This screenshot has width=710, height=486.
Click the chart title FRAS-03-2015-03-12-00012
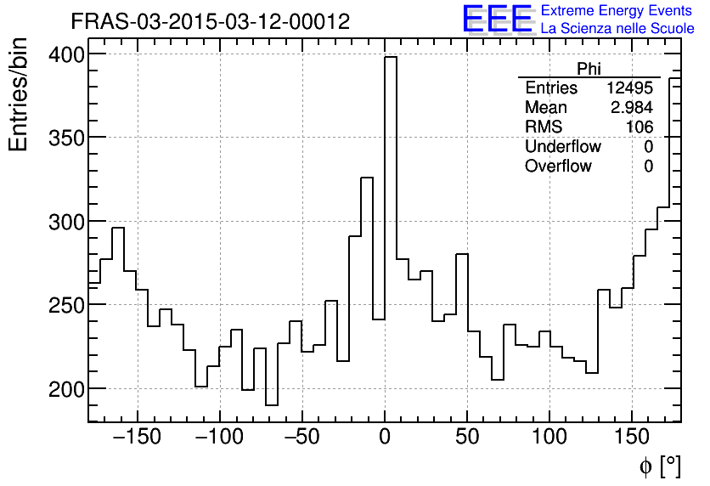click(210, 21)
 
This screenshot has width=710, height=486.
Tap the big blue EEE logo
click(498, 19)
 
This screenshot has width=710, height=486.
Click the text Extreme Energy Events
click(617, 11)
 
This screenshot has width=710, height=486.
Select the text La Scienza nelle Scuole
click(617, 29)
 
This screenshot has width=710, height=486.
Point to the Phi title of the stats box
click(589, 69)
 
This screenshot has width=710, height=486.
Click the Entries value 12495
click(629, 88)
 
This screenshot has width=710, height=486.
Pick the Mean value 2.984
click(632, 108)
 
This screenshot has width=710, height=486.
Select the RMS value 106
click(640, 127)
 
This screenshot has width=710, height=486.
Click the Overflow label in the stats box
click(558, 167)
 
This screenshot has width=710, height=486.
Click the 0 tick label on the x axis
click(385, 438)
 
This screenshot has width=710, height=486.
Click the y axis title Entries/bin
click(20, 95)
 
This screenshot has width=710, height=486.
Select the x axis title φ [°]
click(659, 466)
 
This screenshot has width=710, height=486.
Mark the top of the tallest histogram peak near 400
click(391, 57)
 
